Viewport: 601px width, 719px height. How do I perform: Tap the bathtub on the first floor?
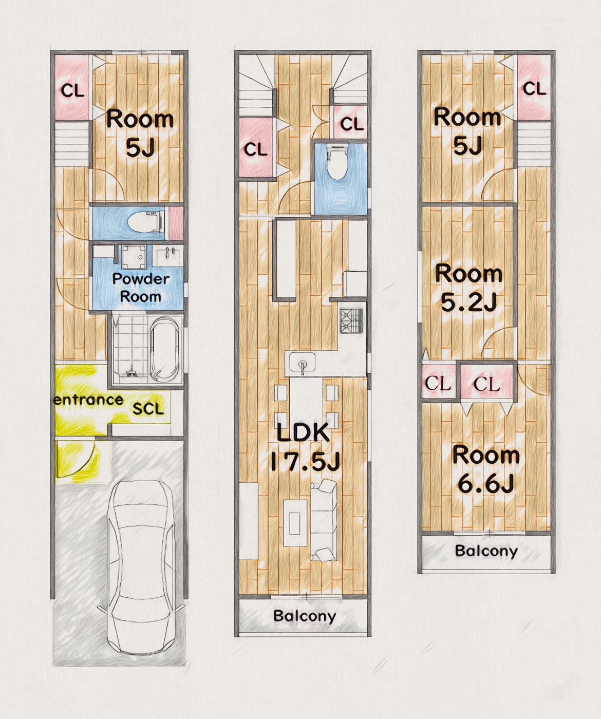(166, 349)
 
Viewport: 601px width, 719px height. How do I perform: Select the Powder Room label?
(141, 288)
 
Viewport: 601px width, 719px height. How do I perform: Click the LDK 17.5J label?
(305, 447)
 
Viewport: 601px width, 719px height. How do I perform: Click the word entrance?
(88, 400)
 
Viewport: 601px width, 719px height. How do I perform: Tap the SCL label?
(148, 409)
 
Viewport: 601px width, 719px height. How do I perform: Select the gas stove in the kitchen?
(351, 320)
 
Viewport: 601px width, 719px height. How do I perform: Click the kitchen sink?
(302, 362)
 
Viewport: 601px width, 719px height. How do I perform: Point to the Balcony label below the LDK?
(305, 616)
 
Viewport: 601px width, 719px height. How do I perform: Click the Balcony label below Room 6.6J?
(486, 551)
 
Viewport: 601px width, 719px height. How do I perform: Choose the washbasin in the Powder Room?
(168, 256)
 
